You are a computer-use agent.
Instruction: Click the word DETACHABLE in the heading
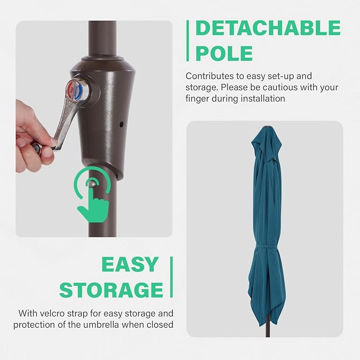coord(268,28)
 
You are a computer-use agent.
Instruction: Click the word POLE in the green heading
coord(224,53)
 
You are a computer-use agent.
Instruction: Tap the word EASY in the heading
coord(130,264)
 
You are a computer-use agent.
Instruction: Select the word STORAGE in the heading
coord(111,289)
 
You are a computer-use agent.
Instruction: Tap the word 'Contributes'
coord(207,76)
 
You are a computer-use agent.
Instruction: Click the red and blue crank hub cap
coord(75,90)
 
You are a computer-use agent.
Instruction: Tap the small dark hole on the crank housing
coord(121,125)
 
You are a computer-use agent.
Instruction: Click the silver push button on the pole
coord(92,183)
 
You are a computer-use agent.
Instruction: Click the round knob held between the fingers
coord(37,147)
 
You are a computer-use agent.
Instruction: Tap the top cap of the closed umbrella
coord(267,127)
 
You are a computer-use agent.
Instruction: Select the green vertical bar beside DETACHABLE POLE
coord(188,41)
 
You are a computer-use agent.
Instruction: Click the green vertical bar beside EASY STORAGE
coord(171,277)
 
